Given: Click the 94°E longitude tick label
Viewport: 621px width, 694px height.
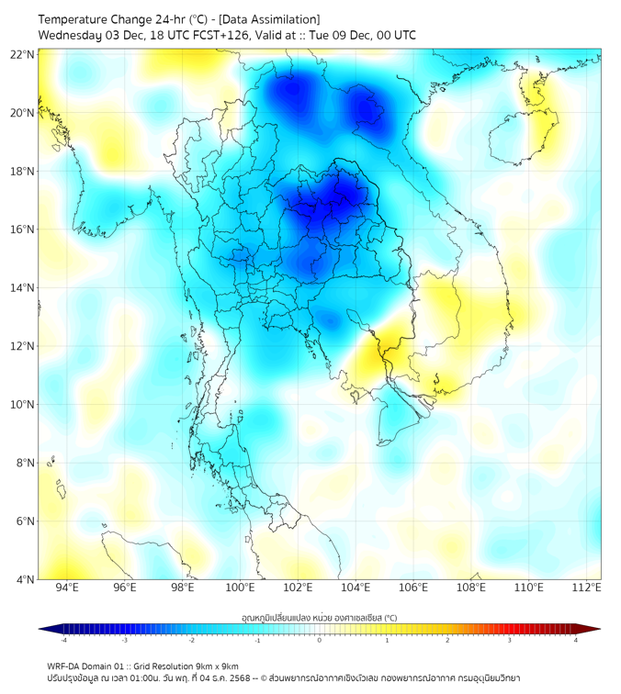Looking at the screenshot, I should [67, 588].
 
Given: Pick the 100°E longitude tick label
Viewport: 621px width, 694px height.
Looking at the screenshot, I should [241, 588].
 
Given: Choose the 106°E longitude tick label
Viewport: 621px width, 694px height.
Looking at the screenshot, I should [413, 588].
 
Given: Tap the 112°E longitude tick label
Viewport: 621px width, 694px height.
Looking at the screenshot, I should [587, 588].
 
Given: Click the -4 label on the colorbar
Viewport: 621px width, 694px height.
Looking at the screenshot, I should [63, 640].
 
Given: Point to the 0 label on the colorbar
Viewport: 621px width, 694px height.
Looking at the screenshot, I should [320, 640].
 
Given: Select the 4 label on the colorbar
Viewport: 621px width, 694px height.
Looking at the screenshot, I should [576, 640].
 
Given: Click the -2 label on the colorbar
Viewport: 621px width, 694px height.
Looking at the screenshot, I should [191, 640].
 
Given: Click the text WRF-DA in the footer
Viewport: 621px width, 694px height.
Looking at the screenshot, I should [65, 666].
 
